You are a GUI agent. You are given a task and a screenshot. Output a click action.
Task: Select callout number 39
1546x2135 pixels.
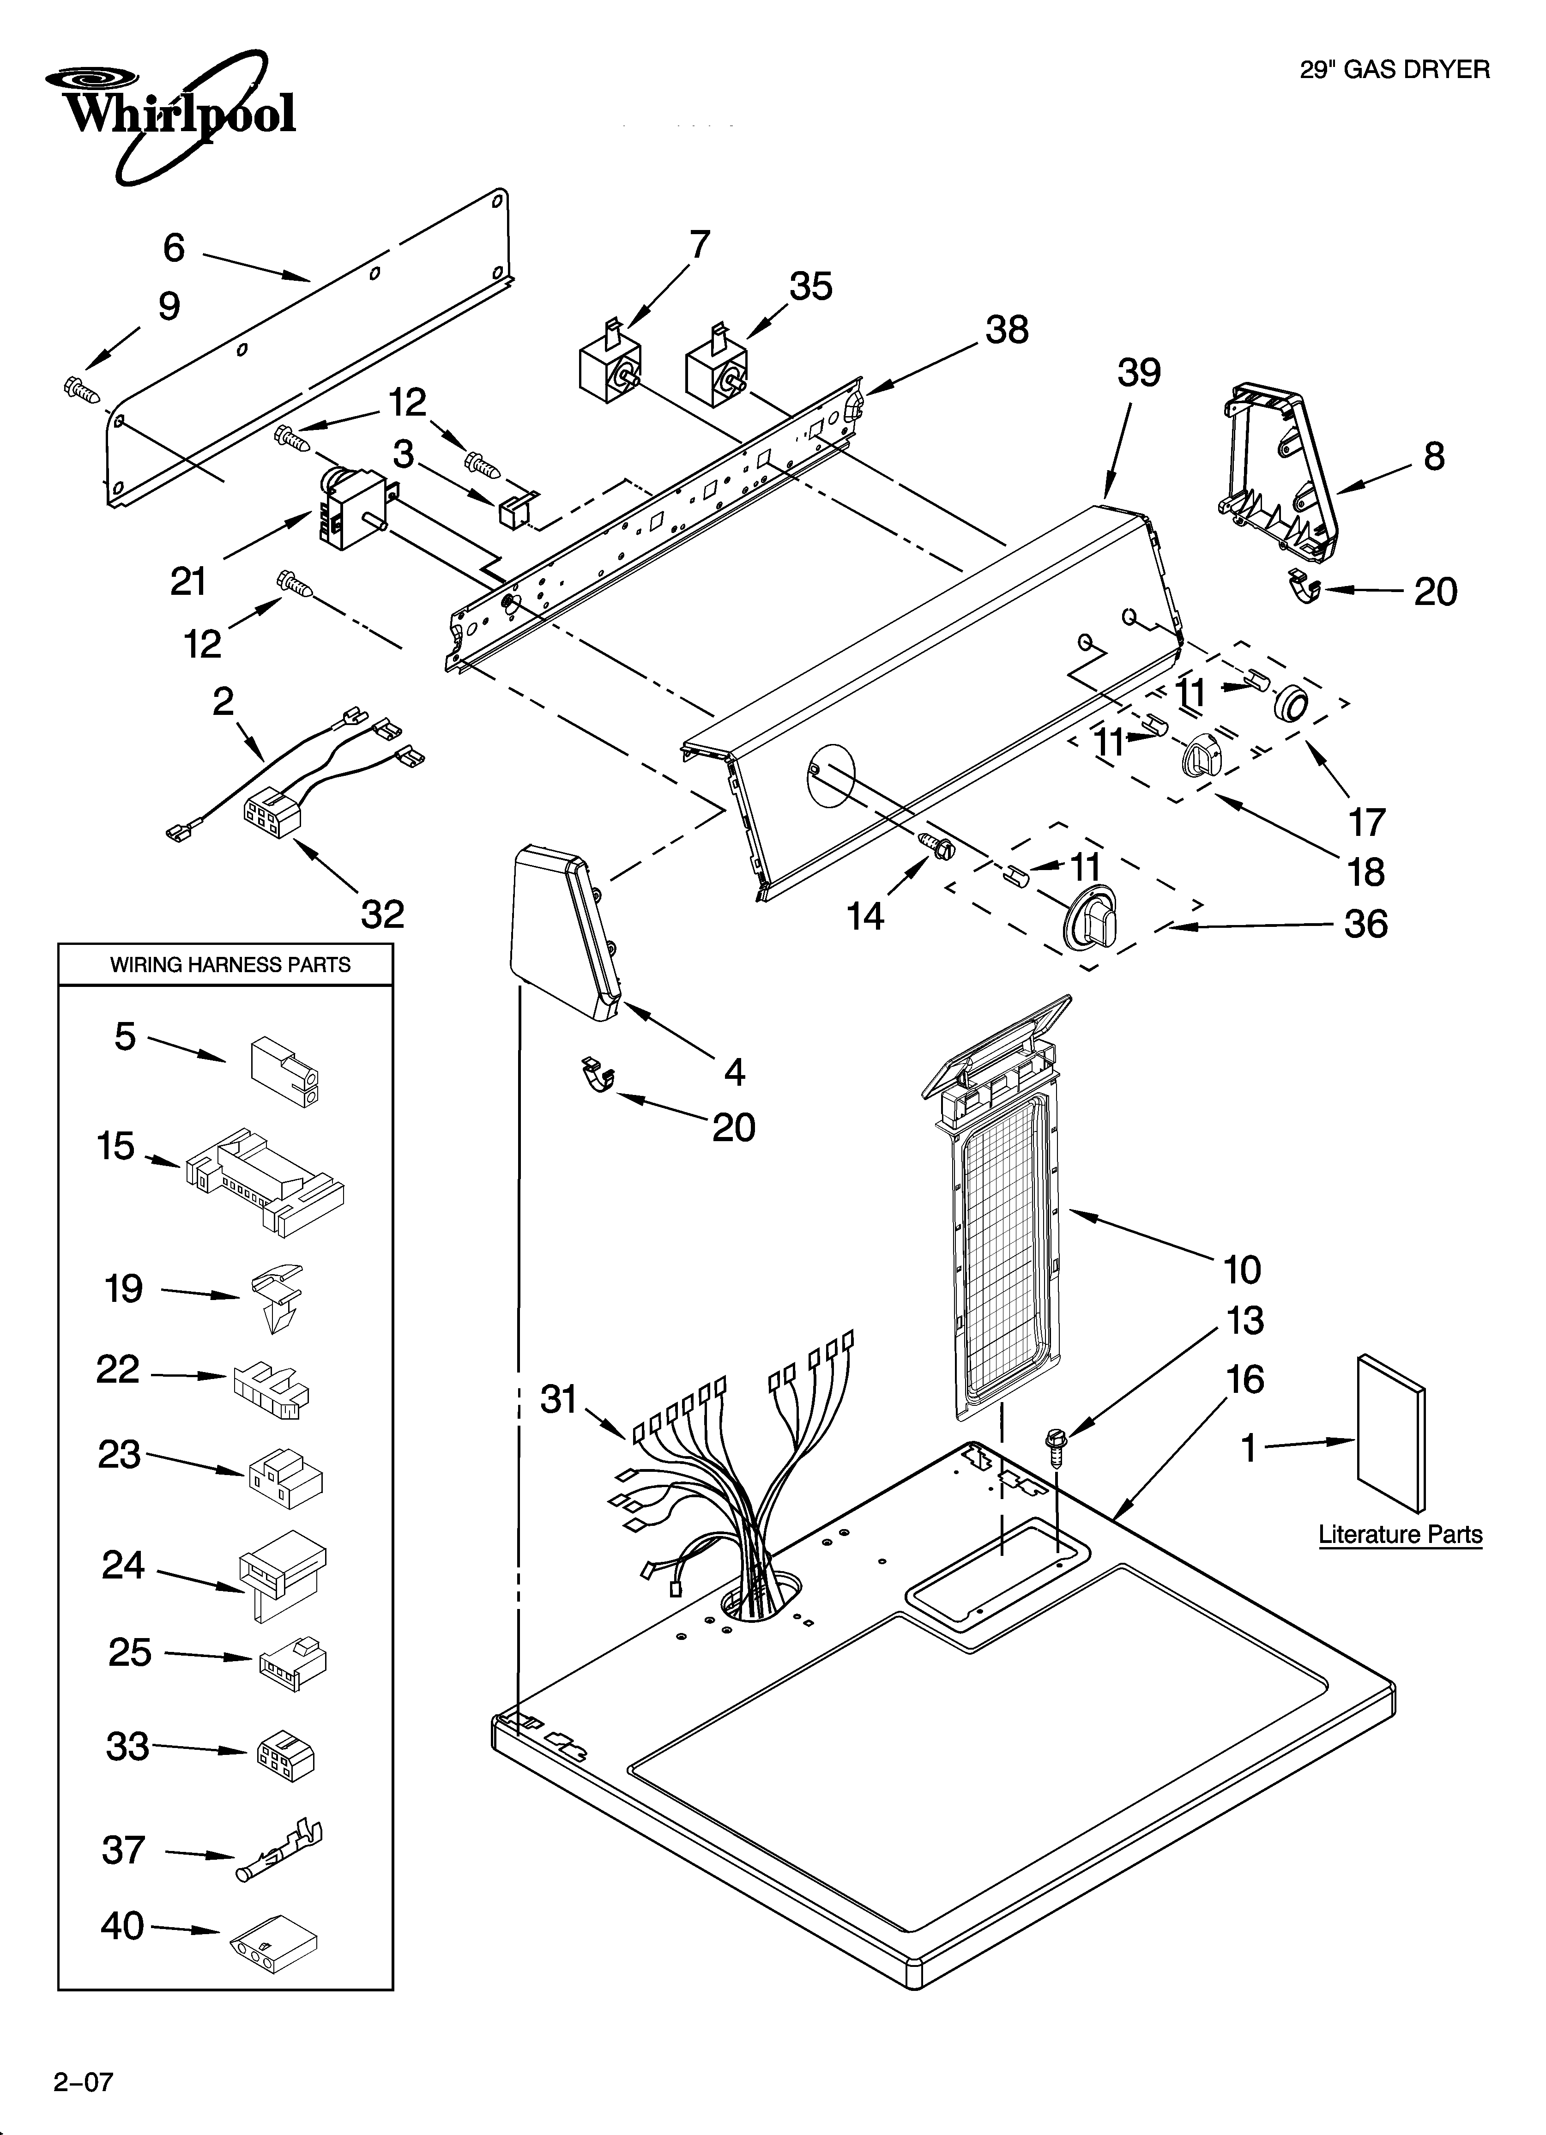click(1138, 374)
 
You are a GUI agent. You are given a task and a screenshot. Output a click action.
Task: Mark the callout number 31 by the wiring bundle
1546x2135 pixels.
click(558, 1400)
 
